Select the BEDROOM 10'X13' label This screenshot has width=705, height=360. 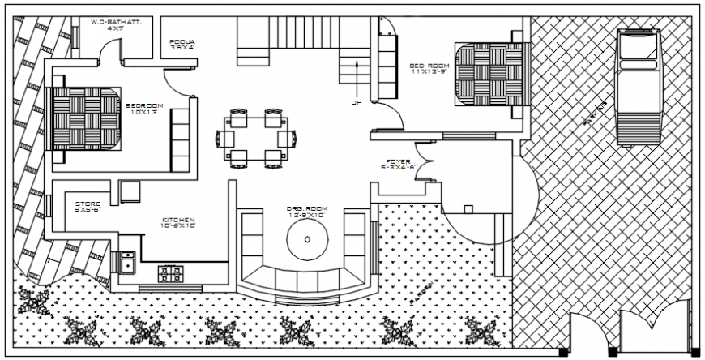145,109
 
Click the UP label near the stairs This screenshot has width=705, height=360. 357,103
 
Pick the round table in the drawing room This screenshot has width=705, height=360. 307,238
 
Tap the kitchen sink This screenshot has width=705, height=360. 126,264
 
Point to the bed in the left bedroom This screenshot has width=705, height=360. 87,118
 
